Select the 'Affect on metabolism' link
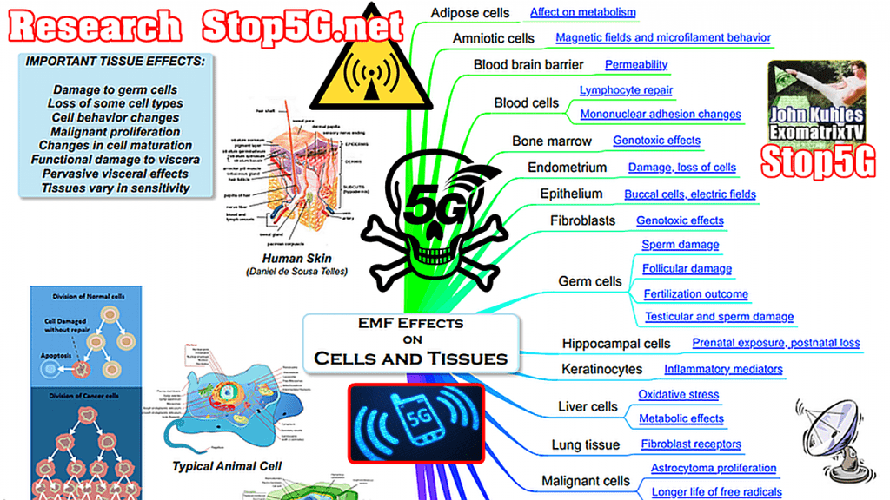click(x=582, y=13)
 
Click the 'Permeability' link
click(x=636, y=64)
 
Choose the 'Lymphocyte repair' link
click(x=626, y=90)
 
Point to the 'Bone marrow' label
click(x=552, y=141)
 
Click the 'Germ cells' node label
click(x=590, y=281)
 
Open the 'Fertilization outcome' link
click(x=695, y=294)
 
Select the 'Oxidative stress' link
click(x=679, y=395)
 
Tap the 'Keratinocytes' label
click(x=602, y=370)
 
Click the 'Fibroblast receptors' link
click(x=691, y=444)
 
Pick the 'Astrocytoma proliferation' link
click(x=714, y=469)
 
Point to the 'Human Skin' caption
click(x=295, y=259)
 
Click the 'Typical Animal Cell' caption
click(x=228, y=466)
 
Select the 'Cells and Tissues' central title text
click(x=410, y=358)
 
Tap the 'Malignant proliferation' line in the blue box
click(x=115, y=132)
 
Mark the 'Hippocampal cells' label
click(x=616, y=344)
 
